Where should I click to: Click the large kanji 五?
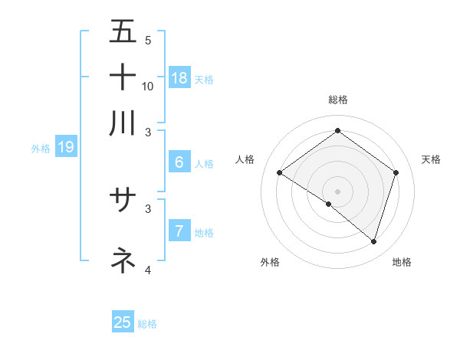click(x=123, y=32)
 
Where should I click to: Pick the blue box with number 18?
click(x=179, y=77)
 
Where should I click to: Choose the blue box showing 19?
click(x=66, y=147)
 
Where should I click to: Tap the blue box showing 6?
click(x=179, y=162)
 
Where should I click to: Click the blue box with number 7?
click(x=179, y=231)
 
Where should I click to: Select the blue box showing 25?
click(x=123, y=322)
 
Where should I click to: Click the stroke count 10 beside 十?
click(x=148, y=86)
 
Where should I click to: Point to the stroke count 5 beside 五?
click(x=148, y=40)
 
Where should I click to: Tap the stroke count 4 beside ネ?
click(x=148, y=270)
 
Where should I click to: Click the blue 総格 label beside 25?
click(x=147, y=324)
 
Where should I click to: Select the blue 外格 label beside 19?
click(x=41, y=149)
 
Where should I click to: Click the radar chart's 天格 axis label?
click(x=431, y=159)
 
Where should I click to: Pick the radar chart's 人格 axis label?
click(x=245, y=159)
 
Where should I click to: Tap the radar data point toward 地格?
click(x=373, y=241)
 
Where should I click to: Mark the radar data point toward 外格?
click(x=329, y=204)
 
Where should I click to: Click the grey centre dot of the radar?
click(x=337, y=191)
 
